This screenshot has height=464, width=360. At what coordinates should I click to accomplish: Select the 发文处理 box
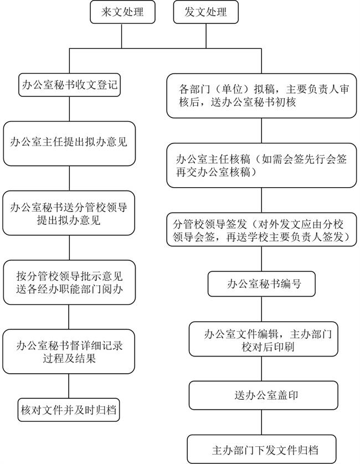point(207,12)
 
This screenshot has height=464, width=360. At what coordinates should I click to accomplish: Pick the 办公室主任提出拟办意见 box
point(69,143)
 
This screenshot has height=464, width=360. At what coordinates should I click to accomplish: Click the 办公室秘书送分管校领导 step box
point(69,213)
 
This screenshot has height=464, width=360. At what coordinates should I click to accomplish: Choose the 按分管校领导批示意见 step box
point(69,282)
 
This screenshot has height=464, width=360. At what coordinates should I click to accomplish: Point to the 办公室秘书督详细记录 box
point(69,352)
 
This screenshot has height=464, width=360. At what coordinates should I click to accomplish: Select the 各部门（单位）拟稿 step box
point(261,95)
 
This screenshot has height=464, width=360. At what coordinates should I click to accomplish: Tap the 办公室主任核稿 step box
point(261,166)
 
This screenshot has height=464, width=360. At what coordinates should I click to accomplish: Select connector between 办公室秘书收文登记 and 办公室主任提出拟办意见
point(69,109)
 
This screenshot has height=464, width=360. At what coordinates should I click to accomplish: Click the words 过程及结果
point(69,359)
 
